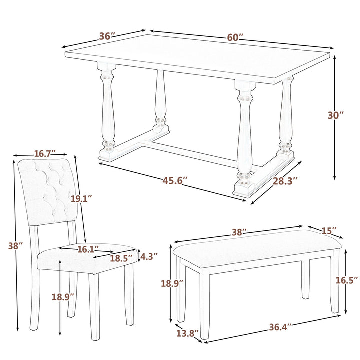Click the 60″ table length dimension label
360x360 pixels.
click(235, 37)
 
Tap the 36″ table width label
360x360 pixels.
click(107, 36)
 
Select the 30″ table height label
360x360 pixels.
click(336, 115)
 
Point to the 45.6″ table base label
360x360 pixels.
click(175, 181)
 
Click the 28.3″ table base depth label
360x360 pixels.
click(285, 181)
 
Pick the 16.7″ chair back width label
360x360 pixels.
click(45, 153)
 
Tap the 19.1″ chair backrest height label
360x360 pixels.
click(81, 199)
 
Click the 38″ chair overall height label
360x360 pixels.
click(16, 246)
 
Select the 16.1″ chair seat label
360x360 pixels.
click(88, 249)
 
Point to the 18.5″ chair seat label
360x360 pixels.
click(122, 258)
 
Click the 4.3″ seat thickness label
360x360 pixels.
click(149, 256)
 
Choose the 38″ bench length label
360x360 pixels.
click(239, 232)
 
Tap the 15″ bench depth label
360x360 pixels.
click(329, 231)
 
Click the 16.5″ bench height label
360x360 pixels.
click(347, 280)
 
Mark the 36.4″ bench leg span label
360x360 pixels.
click(280, 327)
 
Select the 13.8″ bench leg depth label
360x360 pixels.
click(188, 333)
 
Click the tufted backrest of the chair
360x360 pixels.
click(47, 192)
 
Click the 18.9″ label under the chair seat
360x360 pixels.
click(63, 297)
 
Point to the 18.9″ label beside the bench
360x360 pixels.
click(172, 283)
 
